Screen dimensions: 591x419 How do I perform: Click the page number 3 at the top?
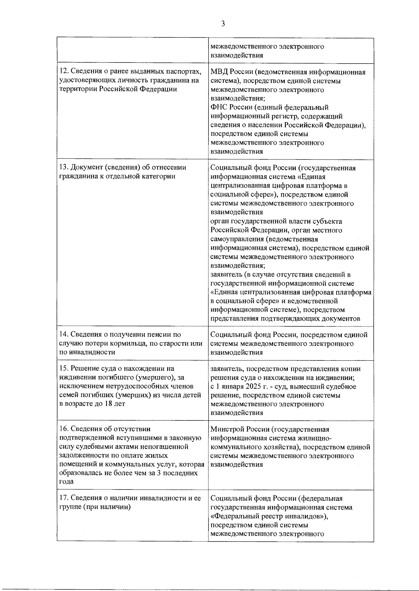coord(223,24)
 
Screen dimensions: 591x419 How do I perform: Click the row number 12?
coord(64,72)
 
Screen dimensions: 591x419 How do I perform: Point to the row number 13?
coord(64,167)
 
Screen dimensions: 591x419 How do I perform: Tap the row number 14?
coord(64,335)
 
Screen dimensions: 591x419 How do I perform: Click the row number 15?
coord(64,369)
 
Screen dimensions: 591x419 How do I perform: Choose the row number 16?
coord(64,429)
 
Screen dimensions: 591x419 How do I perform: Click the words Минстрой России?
coord(238,429)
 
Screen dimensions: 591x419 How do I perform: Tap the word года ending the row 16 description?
coord(67,482)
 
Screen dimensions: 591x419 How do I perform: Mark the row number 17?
coord(64,498)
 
